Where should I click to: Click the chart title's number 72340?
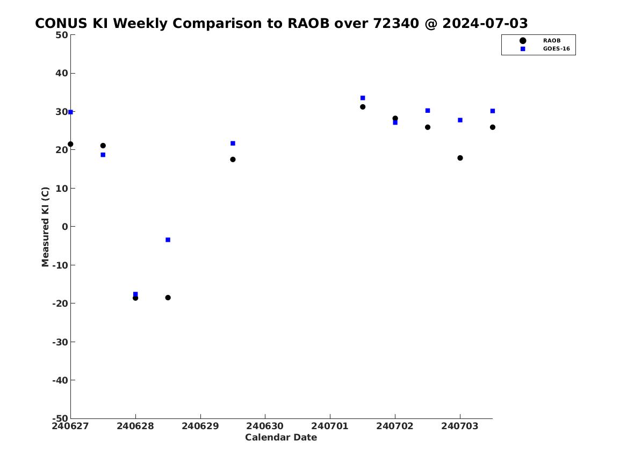pyautogui.click(x=396, y=23)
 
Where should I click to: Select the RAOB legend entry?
pyautogui.click(x=540, y=40)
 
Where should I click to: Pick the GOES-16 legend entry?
pyautogui.click(x=545, y=49)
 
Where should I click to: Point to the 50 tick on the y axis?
pyautogui.click(x=62, y=35)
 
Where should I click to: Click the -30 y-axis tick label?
pyautogui.click(x=60, y=342)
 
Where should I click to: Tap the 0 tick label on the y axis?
pyautogui.click(x=65, y=227)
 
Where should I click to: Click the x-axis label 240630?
pyautogui.click(x=265, y=426)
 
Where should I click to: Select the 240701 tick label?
pyautogui.click(x=330, y=426)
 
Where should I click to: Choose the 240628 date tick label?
pyautogui.click(x=135, y=426)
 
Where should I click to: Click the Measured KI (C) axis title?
pyautogui.click(x=45, y=227)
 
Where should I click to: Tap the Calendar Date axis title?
pyautogui.click(x=281, y=437)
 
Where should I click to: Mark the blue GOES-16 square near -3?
pyautogui.click(x=168, y=240)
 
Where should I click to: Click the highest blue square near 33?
pyautogui.click(x=363, y=98)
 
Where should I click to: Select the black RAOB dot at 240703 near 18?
pyautogui.click(x=460, y=158)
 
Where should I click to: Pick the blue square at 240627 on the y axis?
pyautogui.click(x=70, y=112)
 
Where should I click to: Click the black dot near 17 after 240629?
pyautogui.click(x=233, y=160)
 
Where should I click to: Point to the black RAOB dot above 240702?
pyautogui.click(x=395, y=118)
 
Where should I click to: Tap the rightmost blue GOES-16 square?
pyautogui.click(x=493, y=111)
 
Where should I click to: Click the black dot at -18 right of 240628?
pyautogui.click(x=168, y=298)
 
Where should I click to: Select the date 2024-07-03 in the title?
pyautogui.click(x=485, y=23)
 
